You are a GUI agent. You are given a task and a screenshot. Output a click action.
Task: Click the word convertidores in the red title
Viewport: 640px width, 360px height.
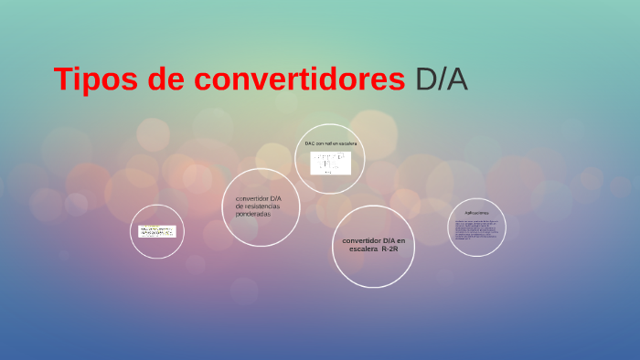coord(299,79)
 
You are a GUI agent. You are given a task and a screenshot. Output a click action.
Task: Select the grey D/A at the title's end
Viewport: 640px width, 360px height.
coord(441,79)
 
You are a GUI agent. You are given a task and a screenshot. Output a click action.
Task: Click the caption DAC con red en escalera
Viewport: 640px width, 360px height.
coord(330,143)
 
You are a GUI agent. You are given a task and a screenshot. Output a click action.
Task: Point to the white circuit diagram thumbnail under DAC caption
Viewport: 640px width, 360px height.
coord(330,163)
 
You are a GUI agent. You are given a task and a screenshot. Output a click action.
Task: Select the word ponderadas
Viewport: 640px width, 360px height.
coord(253,214)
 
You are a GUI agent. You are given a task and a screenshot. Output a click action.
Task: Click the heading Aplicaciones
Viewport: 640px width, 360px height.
coord(476,213)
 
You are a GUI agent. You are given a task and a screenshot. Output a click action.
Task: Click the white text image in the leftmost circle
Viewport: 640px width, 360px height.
coord(156,231)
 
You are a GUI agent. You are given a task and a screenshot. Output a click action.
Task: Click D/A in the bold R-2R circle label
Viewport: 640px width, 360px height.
coord(389,239)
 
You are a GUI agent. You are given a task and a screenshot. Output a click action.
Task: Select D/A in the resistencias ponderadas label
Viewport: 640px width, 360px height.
coord(276,198)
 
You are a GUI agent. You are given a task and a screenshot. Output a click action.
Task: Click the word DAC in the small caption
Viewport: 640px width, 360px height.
coord(310,143)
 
